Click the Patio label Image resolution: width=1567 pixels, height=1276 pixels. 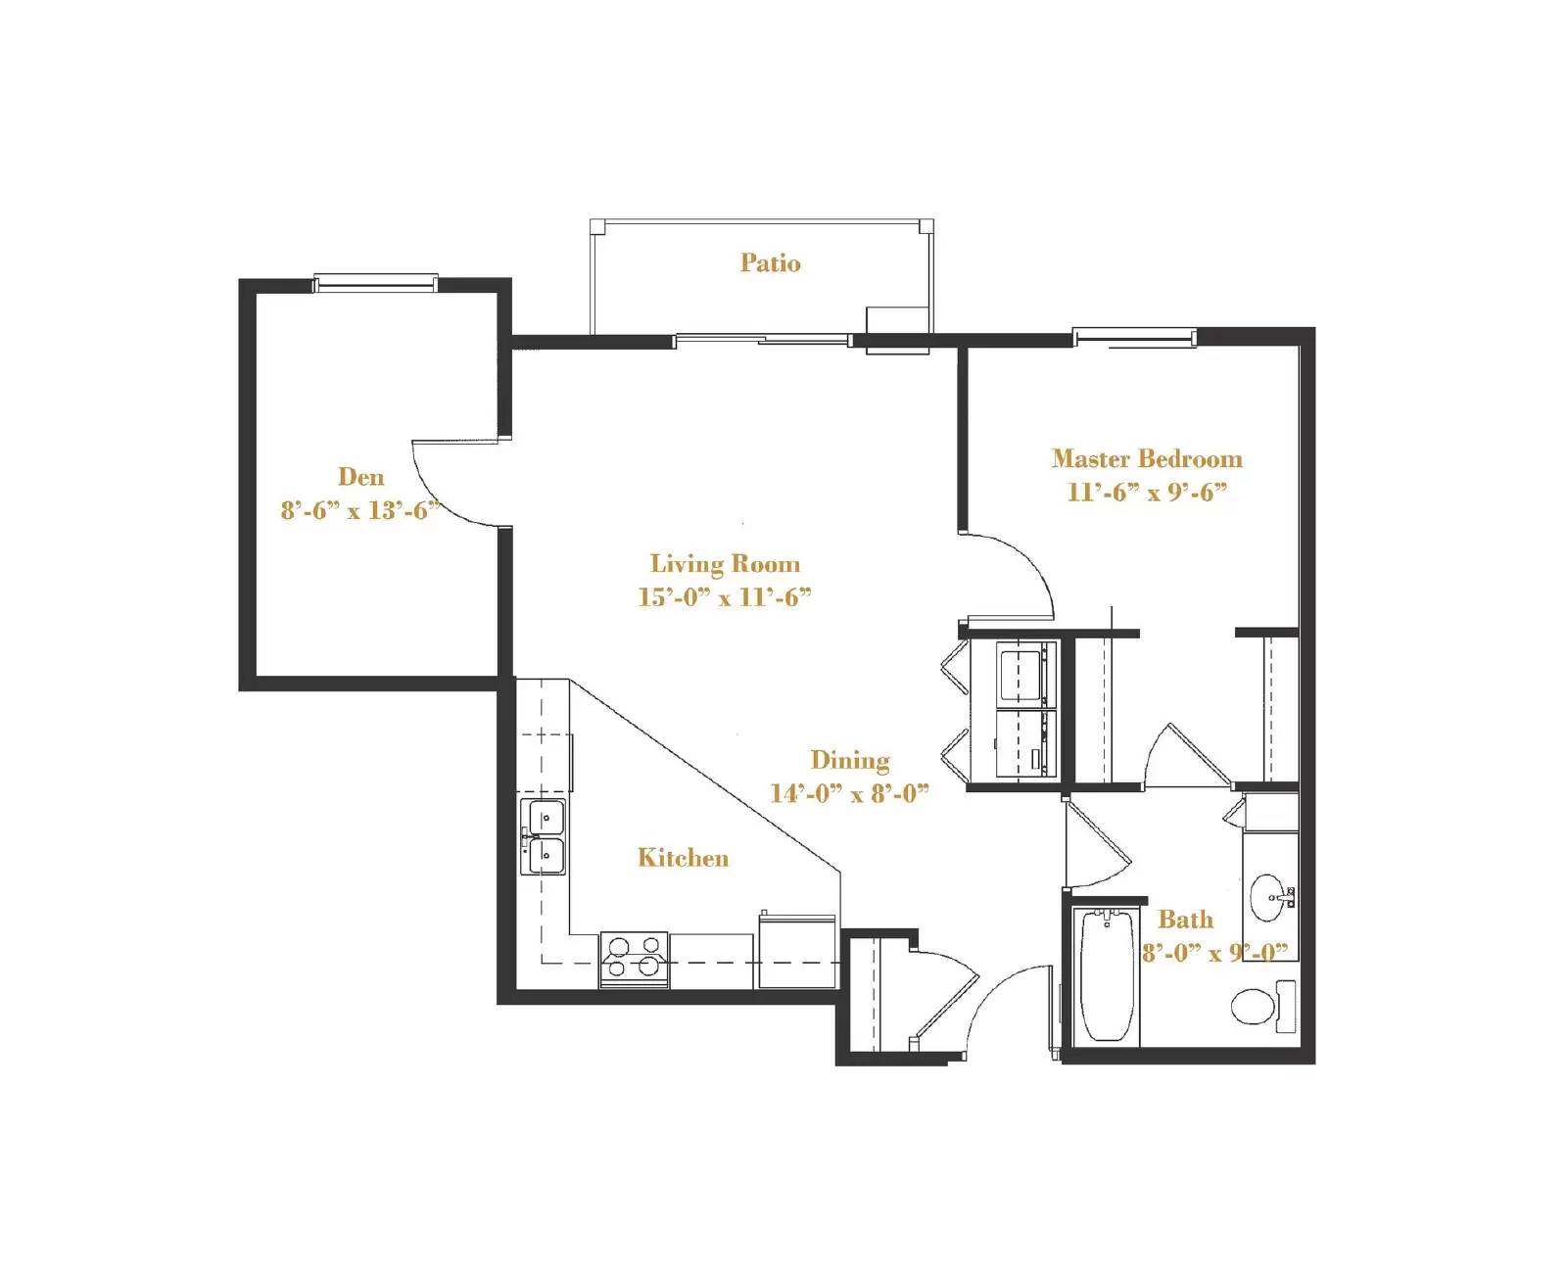(770, 262)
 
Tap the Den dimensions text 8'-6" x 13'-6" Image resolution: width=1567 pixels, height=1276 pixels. (359, 510)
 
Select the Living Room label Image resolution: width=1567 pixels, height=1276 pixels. (725, 563)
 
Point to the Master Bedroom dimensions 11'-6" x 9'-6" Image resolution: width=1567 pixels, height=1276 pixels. (1147, 492)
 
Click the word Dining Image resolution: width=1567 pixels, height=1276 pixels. (849, 760)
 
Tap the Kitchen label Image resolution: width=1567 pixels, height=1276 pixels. (683, 858)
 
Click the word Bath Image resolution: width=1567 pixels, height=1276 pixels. (1185, 919)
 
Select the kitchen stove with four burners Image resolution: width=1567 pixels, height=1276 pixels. (634, 959)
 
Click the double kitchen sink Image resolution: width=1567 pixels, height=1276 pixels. (544, 836)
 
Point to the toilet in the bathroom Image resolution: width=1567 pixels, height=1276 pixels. (1258, 1006)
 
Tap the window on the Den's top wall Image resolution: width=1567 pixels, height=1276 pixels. (374, 284)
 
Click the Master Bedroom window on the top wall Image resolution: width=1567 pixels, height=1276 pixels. (1134, 338)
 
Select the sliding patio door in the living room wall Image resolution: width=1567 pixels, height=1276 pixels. (762, 340)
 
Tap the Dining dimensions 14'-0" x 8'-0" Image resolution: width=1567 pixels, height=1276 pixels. (849, 793)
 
